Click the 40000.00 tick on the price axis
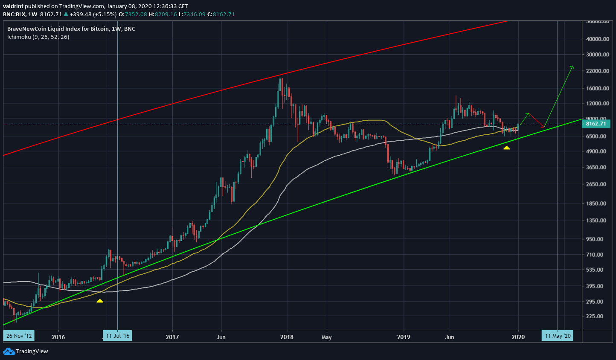pyautogui.click(x=598, y=39)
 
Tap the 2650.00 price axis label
pyautogui.click(x=598, y=184)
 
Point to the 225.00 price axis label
pyautogui.click(x=598, y=316)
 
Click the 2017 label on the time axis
pyautogui.click(x=172, y=337)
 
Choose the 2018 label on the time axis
pyautogui.click(x=287, y=337)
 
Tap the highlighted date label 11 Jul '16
pyautogui.click(x=117, y=336)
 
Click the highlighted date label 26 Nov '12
pyautogui.click(x=19, y=336)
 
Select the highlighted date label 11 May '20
pyautogui.click(x=558, y=336)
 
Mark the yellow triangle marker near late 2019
pyautogui.click(x=506, y=148)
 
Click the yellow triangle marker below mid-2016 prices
pyautogui.click(x=99, y=301)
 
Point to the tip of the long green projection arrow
pyautogui.click(x=573, y=66)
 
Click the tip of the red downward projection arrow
pyautogui.click(x=544, y=127)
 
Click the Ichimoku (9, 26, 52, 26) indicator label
pyautogui.click(x=38, y=37)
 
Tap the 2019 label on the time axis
pyautogui.click(x=403, y=337)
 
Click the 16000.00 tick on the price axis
pyautogui.click(x=598, y=89)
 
